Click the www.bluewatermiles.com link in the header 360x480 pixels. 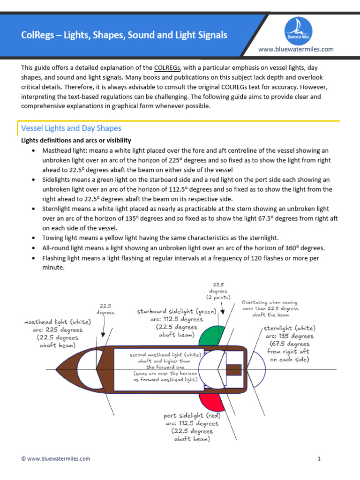(x=296, y=49)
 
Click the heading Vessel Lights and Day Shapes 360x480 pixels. (x=71, y=128)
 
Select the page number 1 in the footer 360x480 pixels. (x=319, y=459)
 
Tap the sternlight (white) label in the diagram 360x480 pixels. (x=289, y=328)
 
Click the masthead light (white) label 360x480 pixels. (x=58, y=322)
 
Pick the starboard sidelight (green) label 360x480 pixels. (x=176, y=311)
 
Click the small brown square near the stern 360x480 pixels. (x=233, y=370)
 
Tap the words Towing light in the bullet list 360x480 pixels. (x=60, y=238)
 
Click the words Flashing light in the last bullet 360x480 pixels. (x=61, y=258)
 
